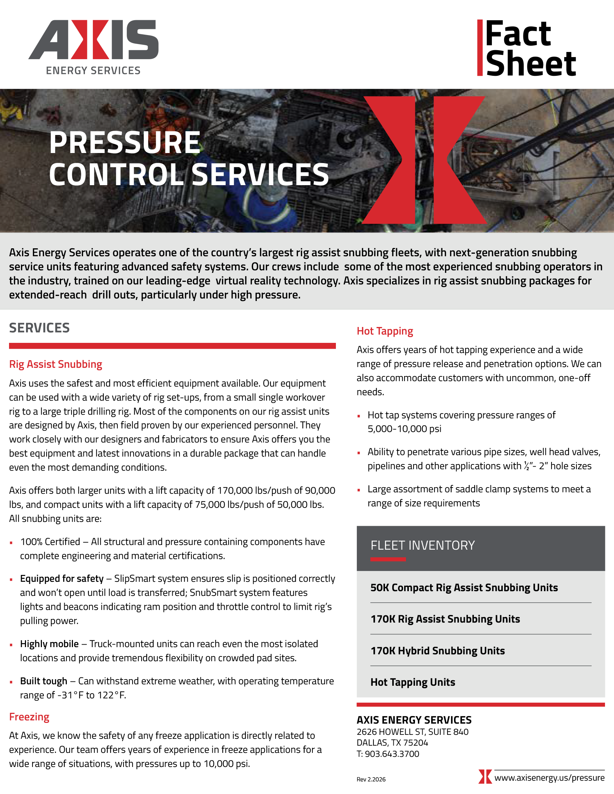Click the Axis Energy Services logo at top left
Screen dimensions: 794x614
coord(94,47)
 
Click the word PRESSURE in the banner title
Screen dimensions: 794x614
coord(125,143)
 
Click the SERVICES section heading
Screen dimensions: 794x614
coord(39,328)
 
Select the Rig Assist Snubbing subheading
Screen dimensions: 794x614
coord(56,364)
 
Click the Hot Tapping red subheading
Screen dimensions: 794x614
coord(385,331)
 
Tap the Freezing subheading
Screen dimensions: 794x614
coord(29,717)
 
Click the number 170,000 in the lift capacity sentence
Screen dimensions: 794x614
coord(235,490)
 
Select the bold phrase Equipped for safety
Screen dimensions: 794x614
coord(62,579)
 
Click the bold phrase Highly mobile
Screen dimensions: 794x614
coord(49,644)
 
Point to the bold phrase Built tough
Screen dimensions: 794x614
coord(44,681)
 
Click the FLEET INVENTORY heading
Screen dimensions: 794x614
coord(423,545)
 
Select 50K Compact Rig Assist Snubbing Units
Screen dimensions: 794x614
coord(464,588)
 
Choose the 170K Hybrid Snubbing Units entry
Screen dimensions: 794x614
coord(438,651)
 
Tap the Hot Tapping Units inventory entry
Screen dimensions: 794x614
coord(413,682)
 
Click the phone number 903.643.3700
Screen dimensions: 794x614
coord(392,754)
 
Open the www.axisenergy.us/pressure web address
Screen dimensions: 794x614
coord(549,778)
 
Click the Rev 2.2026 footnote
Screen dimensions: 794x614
coord(371,780)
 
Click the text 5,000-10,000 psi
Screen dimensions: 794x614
coord(405,429)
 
